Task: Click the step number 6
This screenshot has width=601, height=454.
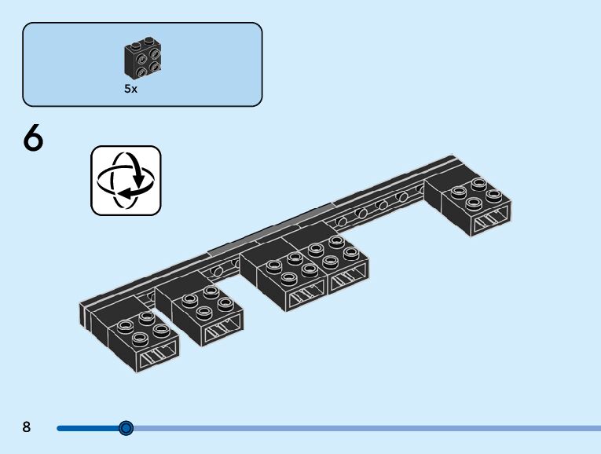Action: point(33,140)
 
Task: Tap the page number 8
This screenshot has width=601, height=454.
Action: point(27,427)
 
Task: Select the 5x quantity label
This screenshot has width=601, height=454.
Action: point(130,90)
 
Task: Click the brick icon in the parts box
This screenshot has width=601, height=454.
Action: point(142,58)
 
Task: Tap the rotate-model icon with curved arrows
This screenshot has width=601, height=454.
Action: point(126,180)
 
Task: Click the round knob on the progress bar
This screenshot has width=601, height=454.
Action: point(126,428)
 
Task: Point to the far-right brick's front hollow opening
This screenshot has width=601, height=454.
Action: point(491,224)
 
